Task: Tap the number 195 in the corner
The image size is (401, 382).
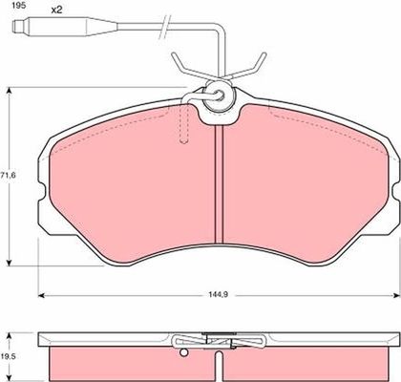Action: (x=17, y=6)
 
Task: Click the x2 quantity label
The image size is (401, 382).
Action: (x=56, y=10)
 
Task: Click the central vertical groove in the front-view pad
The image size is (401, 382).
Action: (x=220, y=183)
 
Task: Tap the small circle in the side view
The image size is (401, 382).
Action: (x=183, y=352)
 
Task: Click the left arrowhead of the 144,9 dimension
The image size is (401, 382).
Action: (x=41, y=296)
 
